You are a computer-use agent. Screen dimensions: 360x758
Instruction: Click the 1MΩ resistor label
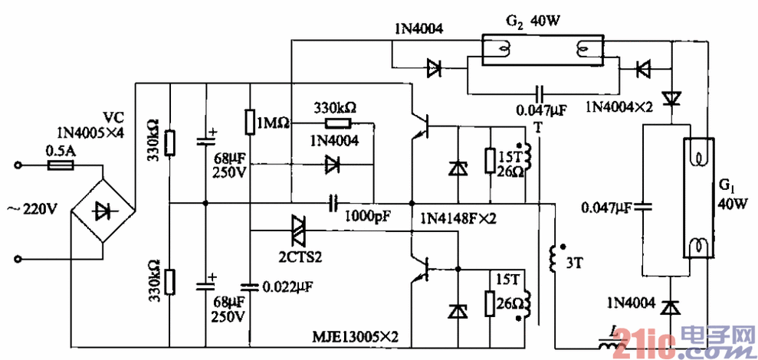click(x=273, y=123)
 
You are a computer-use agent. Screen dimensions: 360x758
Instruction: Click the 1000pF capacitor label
click(x=369, y=217)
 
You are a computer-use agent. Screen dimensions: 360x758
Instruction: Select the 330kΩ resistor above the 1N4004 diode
click(x=337, y=123)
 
